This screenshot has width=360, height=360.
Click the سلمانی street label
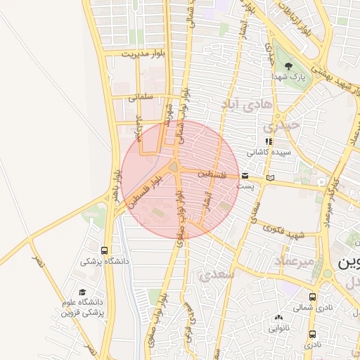[x=141, y=98]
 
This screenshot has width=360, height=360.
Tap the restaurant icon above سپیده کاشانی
[x=267, y=141]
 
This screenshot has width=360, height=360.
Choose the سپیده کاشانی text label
[x=267, y=152]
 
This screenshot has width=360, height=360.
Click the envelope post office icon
[x=245, y=176]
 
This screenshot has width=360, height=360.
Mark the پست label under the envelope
[x=245, y=186]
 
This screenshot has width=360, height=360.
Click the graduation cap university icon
[x=82, y=292]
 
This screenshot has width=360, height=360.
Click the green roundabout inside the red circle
[x=174, y=167]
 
